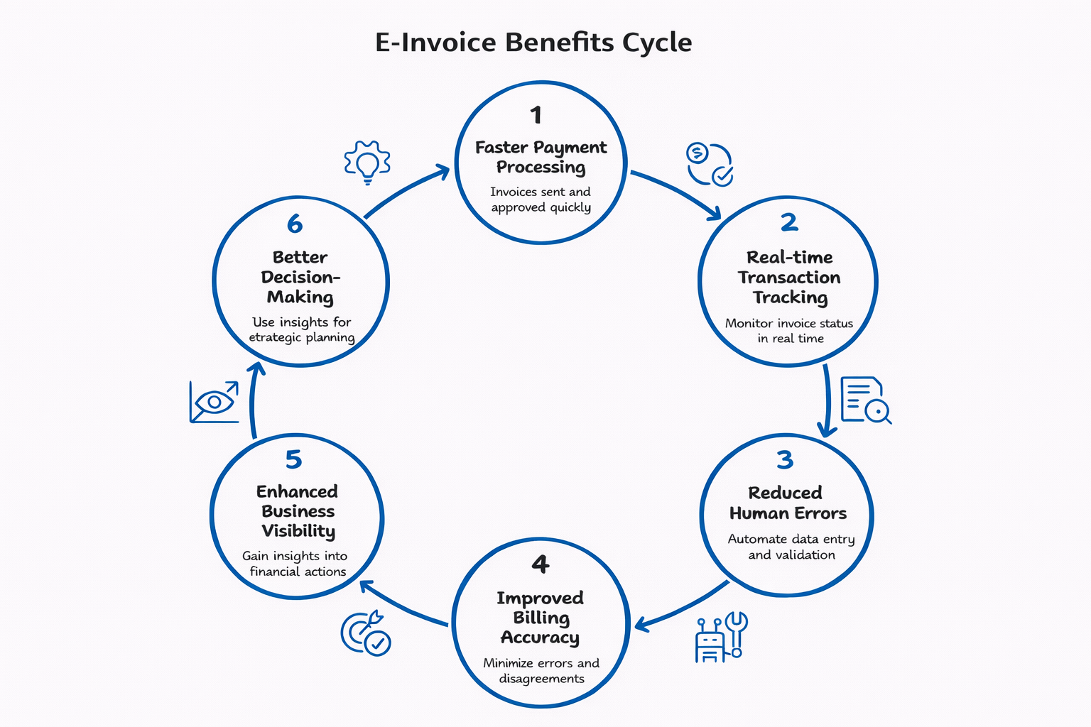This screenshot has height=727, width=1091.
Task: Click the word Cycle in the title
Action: pyautogui.click(x=656, y=43)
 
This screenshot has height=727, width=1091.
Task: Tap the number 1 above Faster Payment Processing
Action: pyautogui.click(x=536, y=115)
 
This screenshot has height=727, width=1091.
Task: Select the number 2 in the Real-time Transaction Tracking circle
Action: pyautogui.click(x=789, y=222)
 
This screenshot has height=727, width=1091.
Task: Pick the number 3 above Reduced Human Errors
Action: pyautogui.click(x=785, y=460)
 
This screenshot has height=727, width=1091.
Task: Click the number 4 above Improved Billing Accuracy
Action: pyautogui.click(x=541, y=564)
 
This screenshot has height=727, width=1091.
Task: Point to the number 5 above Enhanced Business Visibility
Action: pyautogui.click(x=293, y=459)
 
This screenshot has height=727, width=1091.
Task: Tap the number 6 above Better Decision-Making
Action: pyautogui.click(x=295, y=224)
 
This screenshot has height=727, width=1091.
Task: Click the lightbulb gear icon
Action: pyautogui.click(x=367, y=163)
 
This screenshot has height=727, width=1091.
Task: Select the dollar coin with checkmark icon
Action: pyautogui.click(x=710, y=165)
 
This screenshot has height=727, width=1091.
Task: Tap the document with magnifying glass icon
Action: pyautogui.click(x=865, y=400)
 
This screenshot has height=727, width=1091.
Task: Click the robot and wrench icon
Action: pyautogui.click(x=720, y=638)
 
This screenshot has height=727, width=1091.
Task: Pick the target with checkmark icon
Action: pyautogui.click(x=365, y=633)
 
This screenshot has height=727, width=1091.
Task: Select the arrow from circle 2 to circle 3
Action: pyautogui.click(x=827, y=401)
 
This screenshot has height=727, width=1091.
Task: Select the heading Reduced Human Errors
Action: pyautogui.click(x=787, y=503)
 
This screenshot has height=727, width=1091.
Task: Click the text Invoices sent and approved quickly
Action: pyautogui.click(x=541, y=199)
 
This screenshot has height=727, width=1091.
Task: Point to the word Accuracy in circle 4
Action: pyautogui.click(x=540, y=638)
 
